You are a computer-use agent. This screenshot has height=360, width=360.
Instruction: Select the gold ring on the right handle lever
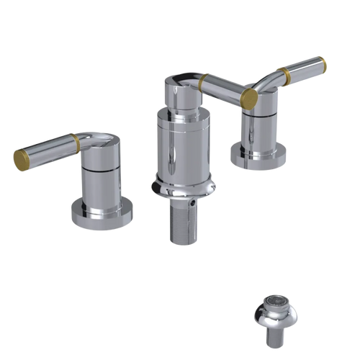coord(288,74)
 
